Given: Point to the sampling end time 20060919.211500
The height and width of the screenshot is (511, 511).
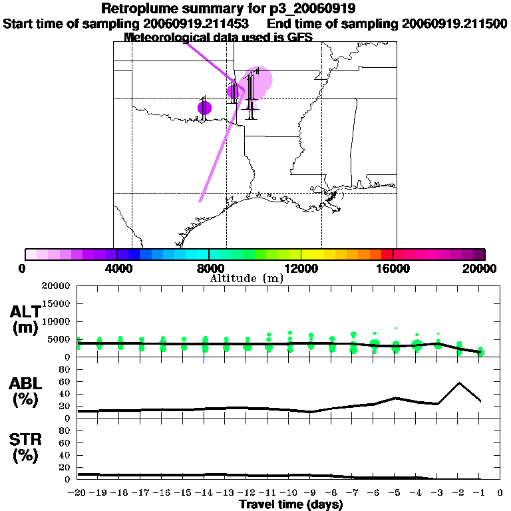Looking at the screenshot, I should click(x=454, y=23).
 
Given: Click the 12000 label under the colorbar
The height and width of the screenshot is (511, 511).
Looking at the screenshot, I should click(x=301, y=269).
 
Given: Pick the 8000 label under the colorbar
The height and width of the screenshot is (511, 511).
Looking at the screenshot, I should click(x=209, y=269).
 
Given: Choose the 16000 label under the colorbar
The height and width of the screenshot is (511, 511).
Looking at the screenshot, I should click(x=393, y=269).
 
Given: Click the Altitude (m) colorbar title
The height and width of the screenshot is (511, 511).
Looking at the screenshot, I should click(x=246, y=278).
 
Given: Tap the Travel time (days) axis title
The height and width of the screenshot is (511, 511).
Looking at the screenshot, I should click(x=291, y=504).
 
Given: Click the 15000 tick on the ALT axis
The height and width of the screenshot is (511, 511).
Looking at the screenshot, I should click(x=59, y=304).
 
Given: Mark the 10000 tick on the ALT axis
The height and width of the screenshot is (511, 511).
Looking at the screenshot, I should click(x=59, y=322).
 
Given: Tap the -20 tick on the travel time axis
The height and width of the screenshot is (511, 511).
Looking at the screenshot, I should click(x=78, y=493).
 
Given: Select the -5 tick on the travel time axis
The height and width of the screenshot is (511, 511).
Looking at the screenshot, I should click(x=395, y=493).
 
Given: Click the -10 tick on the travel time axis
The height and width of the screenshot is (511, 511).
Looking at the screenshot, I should click(x=289, y=493).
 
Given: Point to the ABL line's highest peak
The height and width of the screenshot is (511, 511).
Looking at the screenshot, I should click(x=459, y=383).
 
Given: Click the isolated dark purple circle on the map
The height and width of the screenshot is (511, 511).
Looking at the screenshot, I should click(x=204, y=108).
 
